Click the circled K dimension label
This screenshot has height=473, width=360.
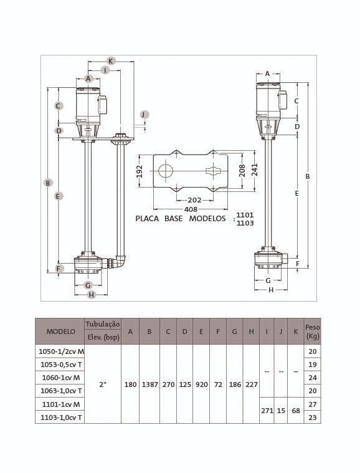tap(111, 61)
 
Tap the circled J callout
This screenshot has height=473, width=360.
tap(144, 115)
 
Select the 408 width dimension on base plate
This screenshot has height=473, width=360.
tap(191, 209)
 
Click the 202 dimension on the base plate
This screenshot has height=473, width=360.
tap(194, 200)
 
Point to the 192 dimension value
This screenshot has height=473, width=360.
tap(140, 171)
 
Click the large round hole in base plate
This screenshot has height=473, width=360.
tap(166, 171)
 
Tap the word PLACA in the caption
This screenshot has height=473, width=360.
tap(147, 218)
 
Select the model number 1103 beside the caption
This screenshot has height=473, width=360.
tap(245, 223)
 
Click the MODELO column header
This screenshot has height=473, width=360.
tap(60, 332)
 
